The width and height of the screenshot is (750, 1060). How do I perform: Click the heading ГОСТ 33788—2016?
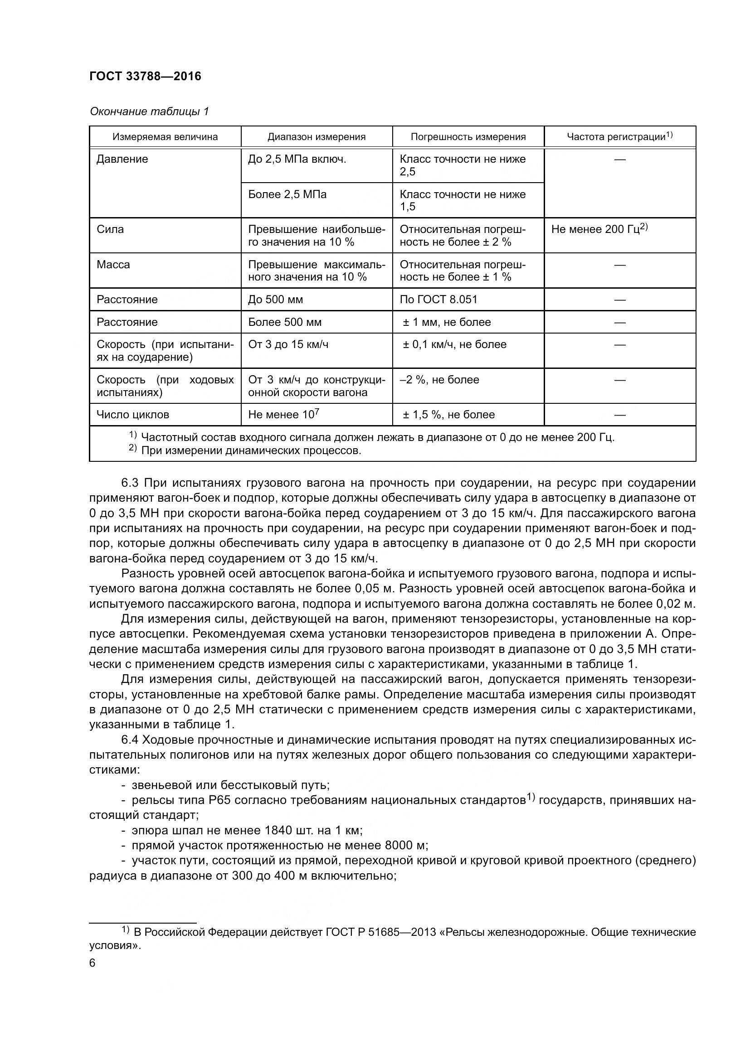pos(145,76)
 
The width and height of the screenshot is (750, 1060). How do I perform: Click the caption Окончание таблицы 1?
pos(149,111)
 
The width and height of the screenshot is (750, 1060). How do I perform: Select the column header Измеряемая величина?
pos(165,137)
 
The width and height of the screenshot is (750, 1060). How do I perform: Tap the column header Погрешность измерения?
pos(468,137)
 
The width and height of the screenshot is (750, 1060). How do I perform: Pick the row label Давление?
pos(122,159)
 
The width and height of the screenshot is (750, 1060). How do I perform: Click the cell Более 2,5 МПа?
pos(287,194)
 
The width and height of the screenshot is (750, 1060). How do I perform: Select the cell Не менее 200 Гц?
pos(599,229)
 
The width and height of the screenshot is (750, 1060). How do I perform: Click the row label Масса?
pos(113,265)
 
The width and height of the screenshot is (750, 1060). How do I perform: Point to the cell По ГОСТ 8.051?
pos(438,300)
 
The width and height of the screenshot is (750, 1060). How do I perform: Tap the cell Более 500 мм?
pos(284,322)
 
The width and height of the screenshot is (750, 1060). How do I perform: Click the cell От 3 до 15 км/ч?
pos(288,344)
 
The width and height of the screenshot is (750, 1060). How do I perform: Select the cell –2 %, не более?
pos(439,380)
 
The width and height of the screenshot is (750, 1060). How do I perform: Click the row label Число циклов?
pos(132,415)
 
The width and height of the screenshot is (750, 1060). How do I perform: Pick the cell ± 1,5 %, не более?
pos(448,415)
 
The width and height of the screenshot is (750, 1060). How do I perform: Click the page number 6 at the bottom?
pos(93,963)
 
